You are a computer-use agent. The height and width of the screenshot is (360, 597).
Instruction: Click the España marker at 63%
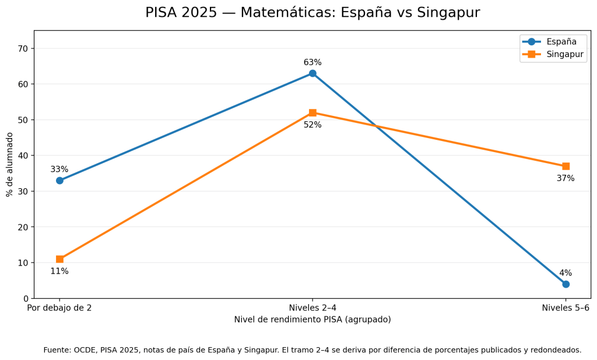pyautogui.click(x=312, y=73)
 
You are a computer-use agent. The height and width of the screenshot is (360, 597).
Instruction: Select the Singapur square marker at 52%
pyautogui.click(x=312, y=112)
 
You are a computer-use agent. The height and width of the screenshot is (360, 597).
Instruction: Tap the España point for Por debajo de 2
pyautogui.click(x=59, y=181)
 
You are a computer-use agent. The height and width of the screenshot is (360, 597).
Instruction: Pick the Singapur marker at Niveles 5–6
pyautogui.click(x=566, y=166)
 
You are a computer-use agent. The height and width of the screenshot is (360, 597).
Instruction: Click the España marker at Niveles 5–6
pyautogui.click(x=566, y=284)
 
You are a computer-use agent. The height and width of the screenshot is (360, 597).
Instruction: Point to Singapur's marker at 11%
pyautogui.click(x=59, y=259)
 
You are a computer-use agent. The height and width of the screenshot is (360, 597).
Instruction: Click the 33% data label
pyautogui.click(x=59, y=170)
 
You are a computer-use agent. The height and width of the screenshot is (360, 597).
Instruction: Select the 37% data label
pyautogui.click(x=566, y=178)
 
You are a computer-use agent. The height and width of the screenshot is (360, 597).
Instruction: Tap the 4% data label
pyautogui.click(x=566, y=273)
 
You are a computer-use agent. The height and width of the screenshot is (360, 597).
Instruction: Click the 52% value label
pyautogui.click(x=312, y=125)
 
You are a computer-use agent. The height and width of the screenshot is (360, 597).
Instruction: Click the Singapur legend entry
pyautogui.click(x=553, y=54)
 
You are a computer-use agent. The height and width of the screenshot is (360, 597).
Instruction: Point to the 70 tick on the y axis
pyautogui.click(x=23, y=48)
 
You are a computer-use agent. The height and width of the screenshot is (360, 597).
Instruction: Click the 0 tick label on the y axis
pyautogui.click(x=26, y=298)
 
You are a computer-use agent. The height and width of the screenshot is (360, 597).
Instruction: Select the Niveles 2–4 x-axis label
pyautogui.click(x=312, y=308)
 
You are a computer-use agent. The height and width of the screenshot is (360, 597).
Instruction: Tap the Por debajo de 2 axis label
pyautogui.click(x=59, y=308)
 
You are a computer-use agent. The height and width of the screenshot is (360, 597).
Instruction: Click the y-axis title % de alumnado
pyautogui.click(x=9, y=164)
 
